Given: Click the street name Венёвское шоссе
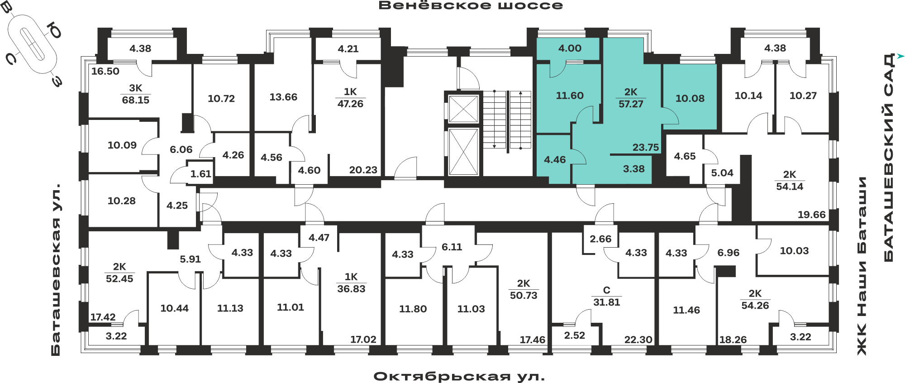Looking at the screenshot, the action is pyautogui.click(x=471, y=5).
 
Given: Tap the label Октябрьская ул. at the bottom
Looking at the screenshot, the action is pyautogui.click(x=459, y=376).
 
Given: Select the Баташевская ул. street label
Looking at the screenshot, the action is pyautogui.click(x=55, y=269).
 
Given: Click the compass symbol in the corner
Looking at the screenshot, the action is pyautogui.click(x=32, y=43).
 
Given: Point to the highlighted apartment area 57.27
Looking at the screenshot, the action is pyautogui.click(x=631, y=104).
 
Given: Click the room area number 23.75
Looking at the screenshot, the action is pyautogui.click(x=646, y=147).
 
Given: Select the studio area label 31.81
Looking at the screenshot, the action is pyautogui.click(x=606, y=302).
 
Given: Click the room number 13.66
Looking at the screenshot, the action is pyautogui.click(x=283, y=97).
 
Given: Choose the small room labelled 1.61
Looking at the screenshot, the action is pyautogui.click(x=200, y=174).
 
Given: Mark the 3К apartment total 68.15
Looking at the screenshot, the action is pyautogui.click(x=135, y=100).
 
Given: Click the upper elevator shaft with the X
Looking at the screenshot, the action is pyautogui.click(x=463, y=109).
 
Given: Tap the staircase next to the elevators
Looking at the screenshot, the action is pyautogui.click(x=507, y=120).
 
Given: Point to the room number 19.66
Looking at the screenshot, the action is pyautogui.click(x=811, y=215).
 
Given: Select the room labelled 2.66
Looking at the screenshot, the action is pyautogui.click(x=600, y=239).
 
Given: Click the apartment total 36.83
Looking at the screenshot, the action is pyautogui.click(x=351, y=289).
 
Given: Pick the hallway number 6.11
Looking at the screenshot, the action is pyautogui.click(x=452, y=247).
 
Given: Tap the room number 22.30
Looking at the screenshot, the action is pyautogui.click(x=638, y=340).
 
